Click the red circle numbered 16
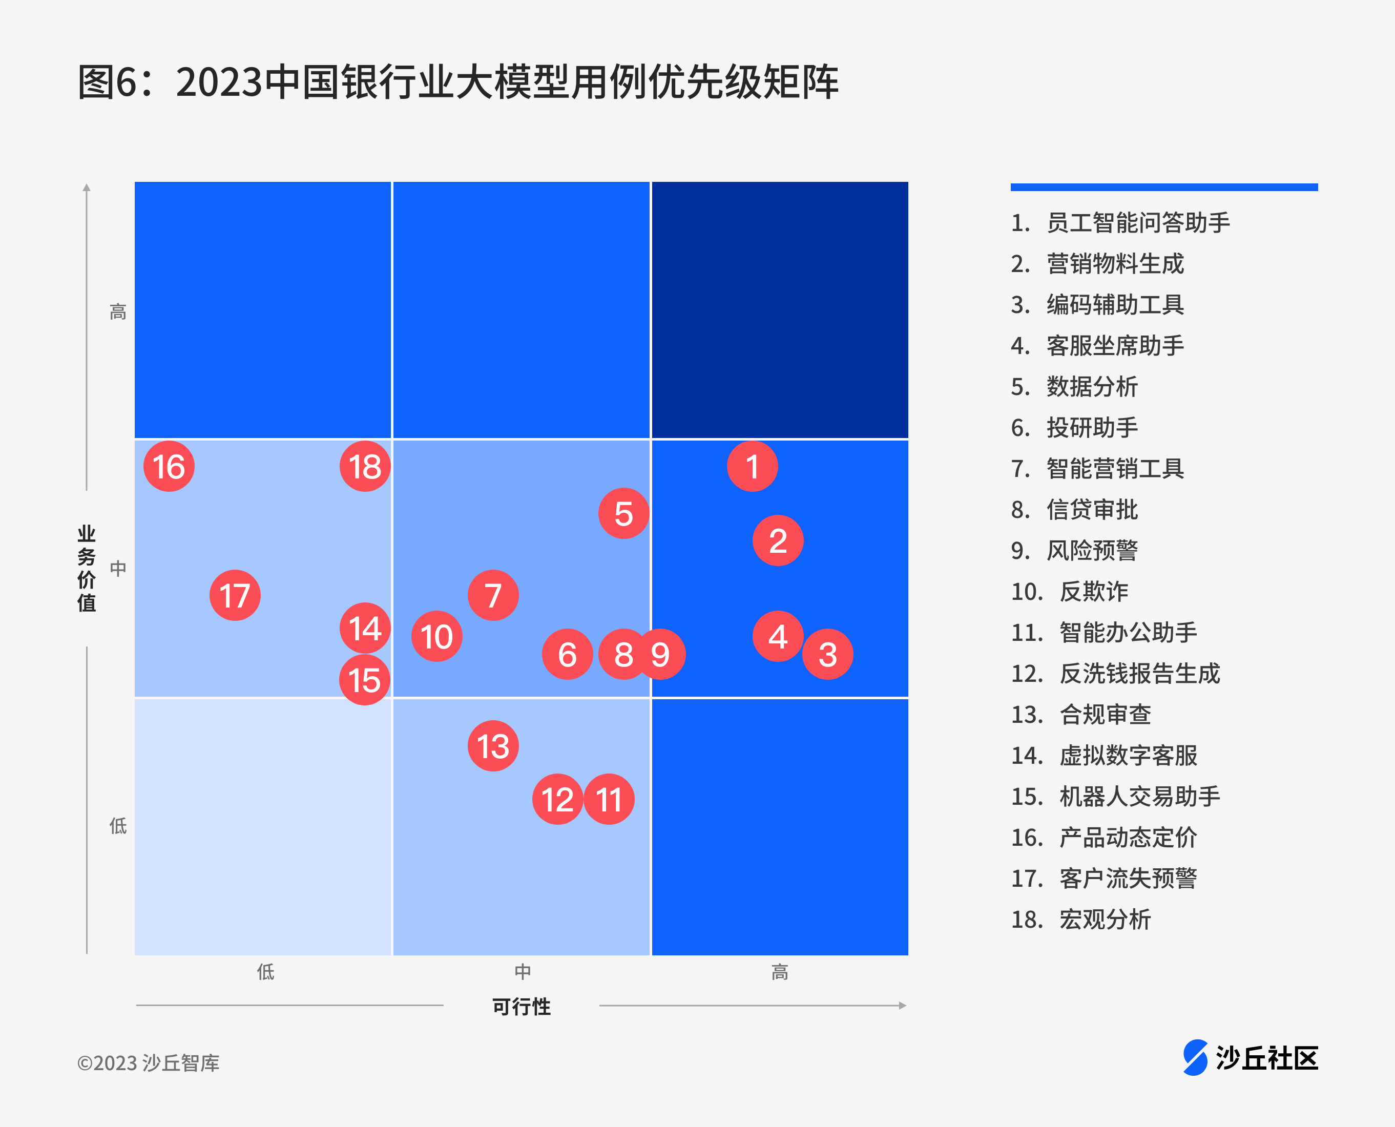point(169,466)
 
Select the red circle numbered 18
point(365,466)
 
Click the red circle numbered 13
point(493,746)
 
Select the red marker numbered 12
point(557,799)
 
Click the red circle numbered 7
point(493,595)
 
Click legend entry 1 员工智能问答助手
point(1120,223)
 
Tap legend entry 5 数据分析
point(1074,386)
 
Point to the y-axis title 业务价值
point(87,569)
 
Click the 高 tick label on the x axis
point(779,972)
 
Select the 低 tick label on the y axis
point(117,826)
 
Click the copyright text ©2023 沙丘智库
point(148,1063)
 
